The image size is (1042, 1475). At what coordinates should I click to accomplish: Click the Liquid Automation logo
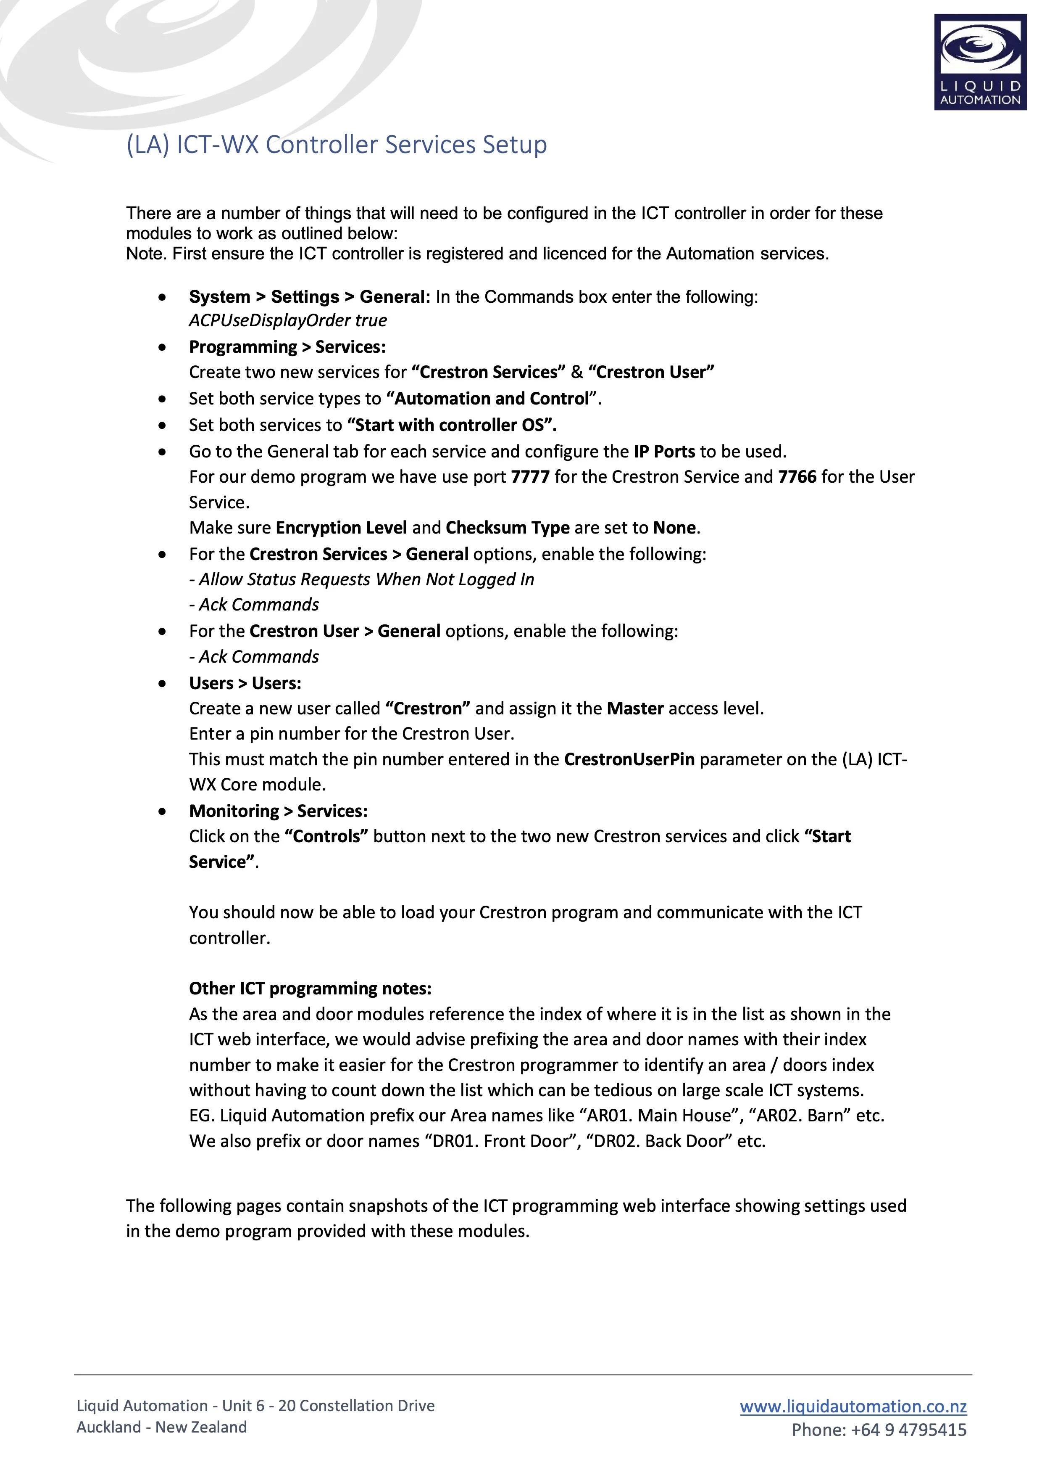coord(980,62)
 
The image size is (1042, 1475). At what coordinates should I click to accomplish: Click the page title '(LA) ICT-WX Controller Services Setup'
coord(337,145)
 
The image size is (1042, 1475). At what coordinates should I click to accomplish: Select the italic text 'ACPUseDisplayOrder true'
coord(288,320)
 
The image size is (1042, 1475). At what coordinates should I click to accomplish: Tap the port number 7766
coord(797,477)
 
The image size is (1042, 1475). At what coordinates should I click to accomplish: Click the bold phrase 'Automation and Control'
coord(492,399)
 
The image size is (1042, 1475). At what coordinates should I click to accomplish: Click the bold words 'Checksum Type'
coord(507,528)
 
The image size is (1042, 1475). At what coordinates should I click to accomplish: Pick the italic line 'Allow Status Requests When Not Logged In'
coord(366,579)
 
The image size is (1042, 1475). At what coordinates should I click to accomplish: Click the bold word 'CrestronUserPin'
coord(629,759)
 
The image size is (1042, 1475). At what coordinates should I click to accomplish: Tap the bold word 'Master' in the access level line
coord(635,708)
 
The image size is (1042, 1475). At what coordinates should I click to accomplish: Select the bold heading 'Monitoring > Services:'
coord(278,812)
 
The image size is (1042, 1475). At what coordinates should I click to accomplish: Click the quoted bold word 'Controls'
coord(326,836)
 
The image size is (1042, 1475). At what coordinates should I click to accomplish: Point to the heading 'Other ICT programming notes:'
coord(310,989)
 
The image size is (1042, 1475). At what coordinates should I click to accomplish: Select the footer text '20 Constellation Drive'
coord(356,1406)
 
